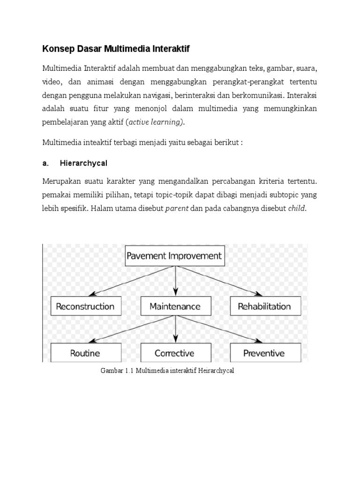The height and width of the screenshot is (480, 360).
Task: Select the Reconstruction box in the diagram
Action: point(85,307)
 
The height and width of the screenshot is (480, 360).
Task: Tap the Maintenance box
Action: point(175,307)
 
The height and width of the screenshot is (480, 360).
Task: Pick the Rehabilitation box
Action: point(264,307)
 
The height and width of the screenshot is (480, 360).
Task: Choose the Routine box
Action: point(85,352)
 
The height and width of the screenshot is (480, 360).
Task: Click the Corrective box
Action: point(175,352)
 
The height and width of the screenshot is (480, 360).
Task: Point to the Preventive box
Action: point(264,352)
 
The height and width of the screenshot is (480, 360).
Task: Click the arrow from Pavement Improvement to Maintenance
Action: point(175,281)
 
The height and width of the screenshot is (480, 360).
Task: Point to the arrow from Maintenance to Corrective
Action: point(175,330)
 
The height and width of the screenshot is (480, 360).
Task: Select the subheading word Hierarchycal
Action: point(83,163)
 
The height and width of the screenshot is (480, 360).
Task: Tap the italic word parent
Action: point(177,209)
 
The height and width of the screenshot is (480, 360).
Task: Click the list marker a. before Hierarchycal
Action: point(45,163)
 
